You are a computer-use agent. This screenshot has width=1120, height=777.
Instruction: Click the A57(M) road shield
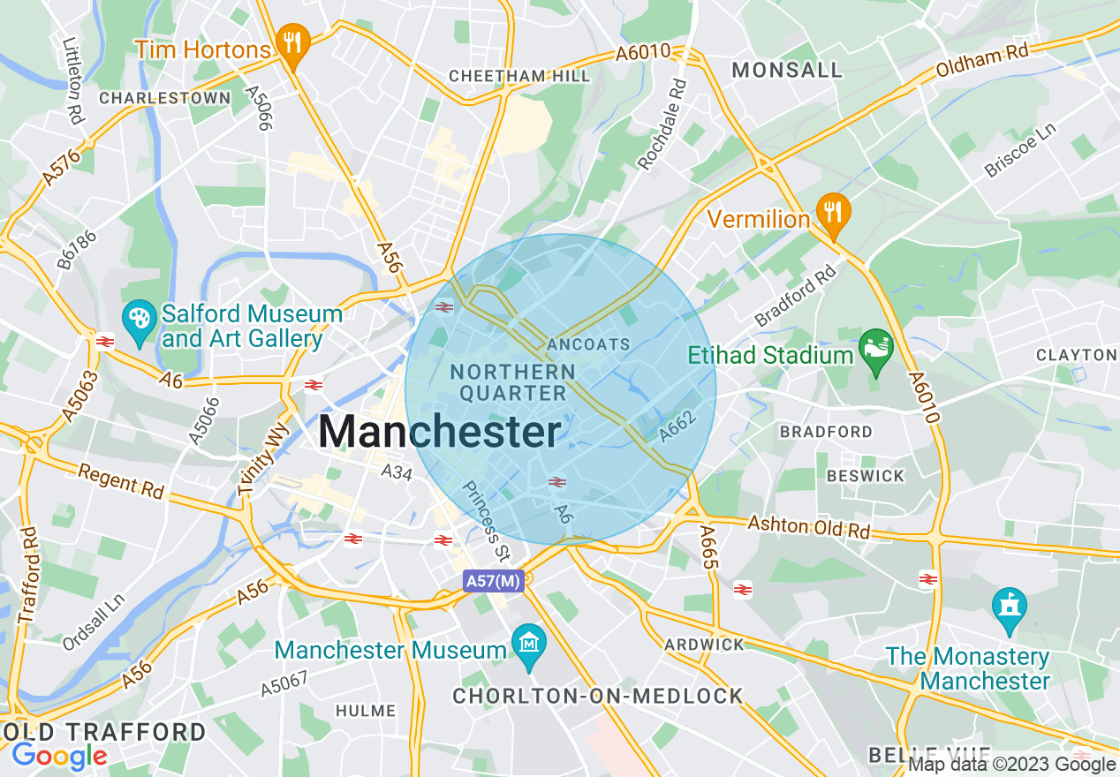(493, 581)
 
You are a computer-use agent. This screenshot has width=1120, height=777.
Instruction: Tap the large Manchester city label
(439, 433)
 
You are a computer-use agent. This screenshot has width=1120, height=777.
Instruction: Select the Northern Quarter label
(512, 382)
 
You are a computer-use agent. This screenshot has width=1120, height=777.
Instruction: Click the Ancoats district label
(589, 343)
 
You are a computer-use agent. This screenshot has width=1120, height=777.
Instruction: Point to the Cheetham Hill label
(519, 76)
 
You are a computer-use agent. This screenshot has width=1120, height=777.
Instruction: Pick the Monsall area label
(788, 70)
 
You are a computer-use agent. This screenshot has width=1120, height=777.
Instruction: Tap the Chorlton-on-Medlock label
(598, 696)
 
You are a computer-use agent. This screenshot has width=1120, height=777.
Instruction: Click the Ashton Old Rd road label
(809, 526)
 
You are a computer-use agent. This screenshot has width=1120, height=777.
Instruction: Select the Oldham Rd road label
(983, 62)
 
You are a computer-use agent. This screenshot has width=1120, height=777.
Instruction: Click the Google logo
(59, 756)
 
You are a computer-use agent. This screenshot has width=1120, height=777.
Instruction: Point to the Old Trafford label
(103, 732)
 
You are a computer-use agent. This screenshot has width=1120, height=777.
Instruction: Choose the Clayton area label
(1076, 354)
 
